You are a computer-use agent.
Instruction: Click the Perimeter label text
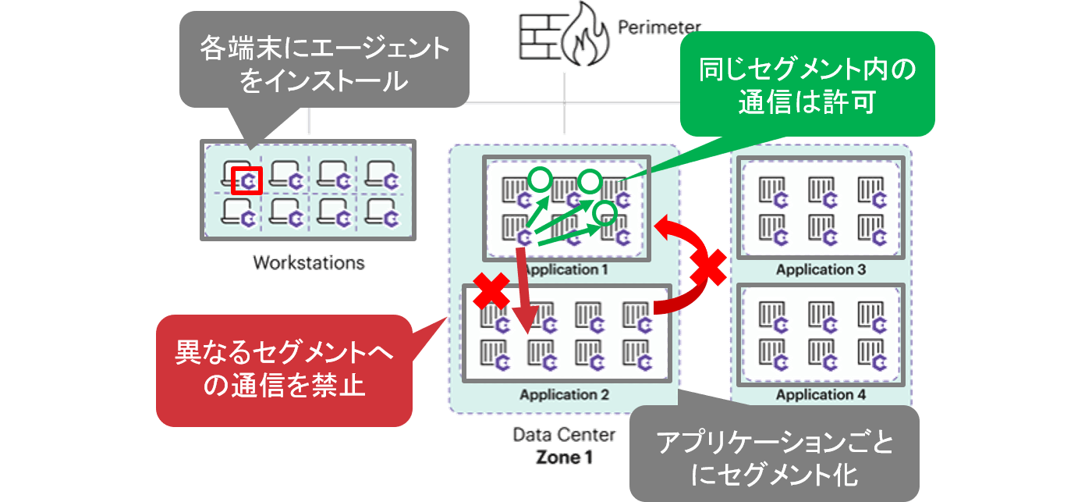pyautogui.click(x=659, y=29)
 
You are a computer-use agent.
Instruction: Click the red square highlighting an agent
pyautogui.click(x=247, y=181)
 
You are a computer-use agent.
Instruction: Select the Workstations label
pyautogui.click(x=309, y=262)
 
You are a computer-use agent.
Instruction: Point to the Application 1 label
pyautogui.click(x=565, y=270)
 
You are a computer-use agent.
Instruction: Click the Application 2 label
pyautogui.click(x=564, y=394)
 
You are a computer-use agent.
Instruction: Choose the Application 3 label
pyautogui.click(x=821, y=269)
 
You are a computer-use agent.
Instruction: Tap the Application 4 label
pyautogui.click(x=821, y=394)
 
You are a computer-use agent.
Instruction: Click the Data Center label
pyautogui.click(x=564, y=434)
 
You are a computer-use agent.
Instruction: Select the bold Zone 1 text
pyautogui.click(x=564, y=457)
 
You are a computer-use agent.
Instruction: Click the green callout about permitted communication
pyautogui.click(x=807, y=84)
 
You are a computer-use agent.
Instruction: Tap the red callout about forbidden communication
pyautogui.click(x=284, y=370)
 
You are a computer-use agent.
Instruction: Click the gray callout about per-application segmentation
pyautogui.click(x=774, y=454)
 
